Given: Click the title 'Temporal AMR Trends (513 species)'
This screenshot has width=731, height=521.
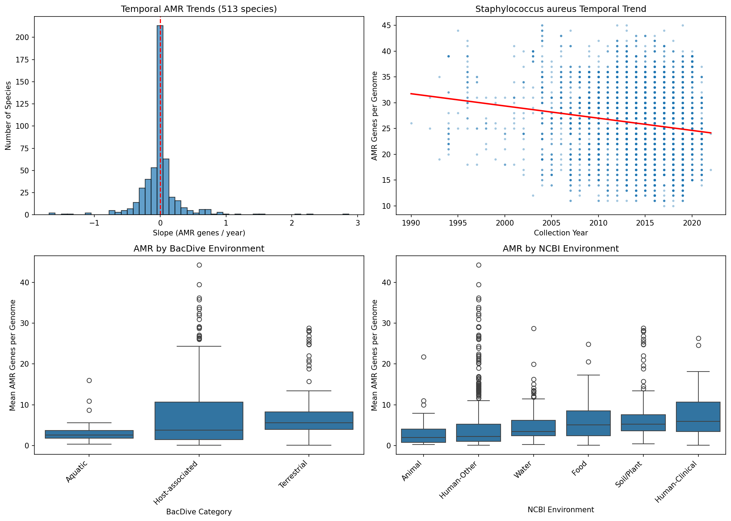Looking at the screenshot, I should tap(199, 9).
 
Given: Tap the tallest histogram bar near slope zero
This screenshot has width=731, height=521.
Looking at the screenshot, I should tap(160, 119).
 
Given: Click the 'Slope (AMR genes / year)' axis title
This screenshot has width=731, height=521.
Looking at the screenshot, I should tap(199, 233).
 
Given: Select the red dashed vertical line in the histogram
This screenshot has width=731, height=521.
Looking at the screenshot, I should tap(161, 88).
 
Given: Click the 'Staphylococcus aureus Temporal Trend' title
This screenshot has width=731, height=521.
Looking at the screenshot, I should tap(561, 9).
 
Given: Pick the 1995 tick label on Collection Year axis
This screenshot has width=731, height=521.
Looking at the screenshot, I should tap(458, 223).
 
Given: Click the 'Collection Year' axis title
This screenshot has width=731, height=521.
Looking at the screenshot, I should tap(561, 233).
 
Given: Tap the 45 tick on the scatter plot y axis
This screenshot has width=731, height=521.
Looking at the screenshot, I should tap(387, 26).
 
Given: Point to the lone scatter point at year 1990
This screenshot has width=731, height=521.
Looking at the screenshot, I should tap(411, 123).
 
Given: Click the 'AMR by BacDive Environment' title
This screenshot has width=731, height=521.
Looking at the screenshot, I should tap(199, 249).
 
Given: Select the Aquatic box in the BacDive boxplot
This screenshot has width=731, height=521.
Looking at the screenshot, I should tap(89, 434).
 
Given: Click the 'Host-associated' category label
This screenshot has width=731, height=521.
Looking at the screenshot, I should tap(176, 483).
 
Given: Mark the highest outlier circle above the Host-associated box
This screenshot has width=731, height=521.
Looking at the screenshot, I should tap(199, 265).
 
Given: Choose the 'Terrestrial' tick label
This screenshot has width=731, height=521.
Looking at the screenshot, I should tap(293, 474).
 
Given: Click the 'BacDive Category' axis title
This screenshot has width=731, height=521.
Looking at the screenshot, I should tap(199, 512).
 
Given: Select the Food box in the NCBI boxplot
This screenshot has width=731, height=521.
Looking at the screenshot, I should tap(588, 423).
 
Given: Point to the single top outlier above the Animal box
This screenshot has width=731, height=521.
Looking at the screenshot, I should tap(424, 357).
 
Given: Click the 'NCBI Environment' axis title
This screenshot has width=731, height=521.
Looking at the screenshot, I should tap(561, 510).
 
